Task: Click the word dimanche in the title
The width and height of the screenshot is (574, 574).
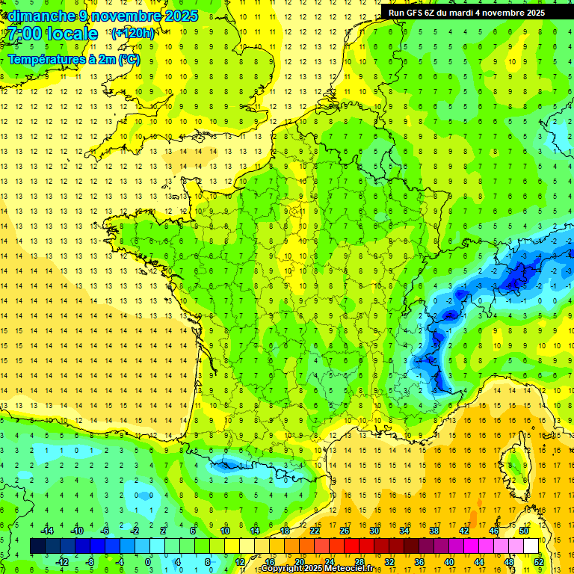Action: (41, 16)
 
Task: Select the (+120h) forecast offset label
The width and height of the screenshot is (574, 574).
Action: (132, 34)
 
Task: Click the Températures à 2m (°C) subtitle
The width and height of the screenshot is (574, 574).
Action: (73, 59)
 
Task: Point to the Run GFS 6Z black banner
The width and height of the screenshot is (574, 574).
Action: (466, 12)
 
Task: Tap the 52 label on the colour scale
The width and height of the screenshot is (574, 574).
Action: (538, 561)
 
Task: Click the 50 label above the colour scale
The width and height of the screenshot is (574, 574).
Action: (523, 531)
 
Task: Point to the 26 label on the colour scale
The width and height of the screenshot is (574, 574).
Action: (344, 531)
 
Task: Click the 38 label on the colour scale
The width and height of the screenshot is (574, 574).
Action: (433, 531)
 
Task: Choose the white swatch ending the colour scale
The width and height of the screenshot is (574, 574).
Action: (531, 546)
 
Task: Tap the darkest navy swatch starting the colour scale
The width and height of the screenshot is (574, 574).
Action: (38, 546)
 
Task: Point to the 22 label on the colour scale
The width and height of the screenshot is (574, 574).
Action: (314, 531)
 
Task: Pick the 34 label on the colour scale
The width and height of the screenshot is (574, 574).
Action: (404, 531)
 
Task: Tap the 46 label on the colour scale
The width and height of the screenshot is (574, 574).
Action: (493, 531)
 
